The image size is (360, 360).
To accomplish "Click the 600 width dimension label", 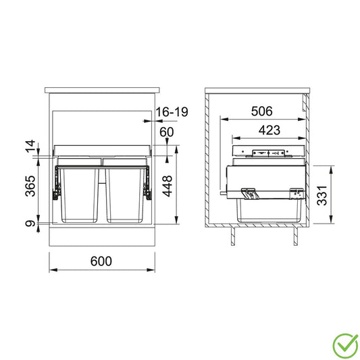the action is pos(101,261).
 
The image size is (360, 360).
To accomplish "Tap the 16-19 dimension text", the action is pos(172,112).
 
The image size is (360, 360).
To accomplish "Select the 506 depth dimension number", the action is pos(262,111).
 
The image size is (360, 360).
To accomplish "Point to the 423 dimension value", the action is pos(269,130).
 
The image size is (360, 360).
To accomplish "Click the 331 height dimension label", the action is pos(322,195).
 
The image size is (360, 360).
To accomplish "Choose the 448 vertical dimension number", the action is pos(168,186).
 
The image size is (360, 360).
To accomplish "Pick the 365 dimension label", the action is pos(30,186).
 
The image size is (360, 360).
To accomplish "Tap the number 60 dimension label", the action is pos(167,132).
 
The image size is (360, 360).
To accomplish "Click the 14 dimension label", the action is pos(30,146).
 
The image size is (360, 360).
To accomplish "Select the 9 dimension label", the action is pos(30,223).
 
